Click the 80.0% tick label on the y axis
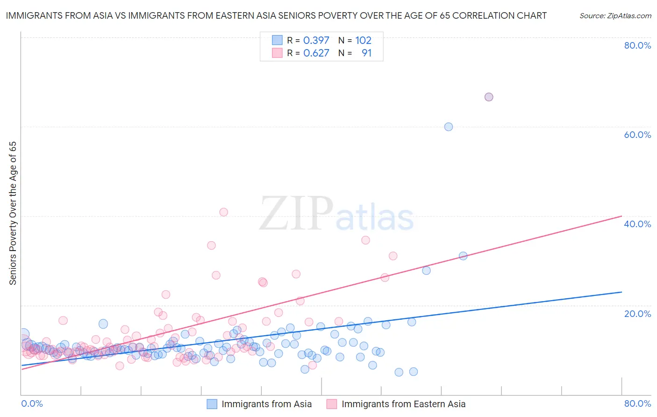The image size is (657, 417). pyautogui.click(x=637, y=45)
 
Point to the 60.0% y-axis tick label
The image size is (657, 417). pyautogui.click(x=637, y=135)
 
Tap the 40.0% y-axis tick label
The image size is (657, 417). pyautogui.click(x=637, y=224)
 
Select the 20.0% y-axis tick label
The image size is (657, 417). pyautogui.click(x=637, y=314)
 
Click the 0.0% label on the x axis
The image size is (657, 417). pyautogui.click(x=32, y=403)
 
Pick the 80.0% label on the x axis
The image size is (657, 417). pyautogui.click(x=637, y=403)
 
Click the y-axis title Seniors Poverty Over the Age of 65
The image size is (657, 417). pyautogui.click(x=13, y=213)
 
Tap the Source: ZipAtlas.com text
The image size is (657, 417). pyautogui.click(x=615, y=16)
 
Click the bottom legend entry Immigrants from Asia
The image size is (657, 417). pyautogui.click(x=266, y=404)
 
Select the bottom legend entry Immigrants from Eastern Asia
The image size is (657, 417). pyautogui.click(x=403, y=404)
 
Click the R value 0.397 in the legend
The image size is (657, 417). pyautogui.click(x=316, y=41)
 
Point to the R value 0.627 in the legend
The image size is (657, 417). pyautogui.click(x=316, y=53)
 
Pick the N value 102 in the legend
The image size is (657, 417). pyautogui.click(x=363, y=41)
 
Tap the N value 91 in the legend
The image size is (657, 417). pyautogui.click(x=366, y=53)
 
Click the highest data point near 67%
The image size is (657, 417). pyautogui.click(x=489, y=97)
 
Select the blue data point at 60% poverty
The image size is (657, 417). pyautogui.click(x=449, y=127)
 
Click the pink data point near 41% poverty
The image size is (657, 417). pyautogui.click(x=224, y=212)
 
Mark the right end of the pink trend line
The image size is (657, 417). pyautogui.click(x=621, y=216)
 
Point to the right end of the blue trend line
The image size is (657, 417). pyautogui.click(x=621, y=292)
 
